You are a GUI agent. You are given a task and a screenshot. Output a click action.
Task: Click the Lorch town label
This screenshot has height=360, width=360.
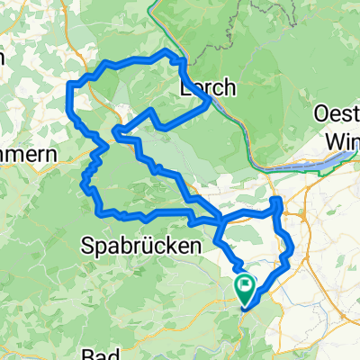pos(208,87)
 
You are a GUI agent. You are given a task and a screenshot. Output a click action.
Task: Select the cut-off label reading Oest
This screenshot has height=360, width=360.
pos(337,114)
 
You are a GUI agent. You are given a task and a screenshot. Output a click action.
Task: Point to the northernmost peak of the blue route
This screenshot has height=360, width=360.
pos(166,52)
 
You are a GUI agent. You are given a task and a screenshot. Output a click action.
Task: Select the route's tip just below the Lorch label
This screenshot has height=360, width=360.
pos(211,102)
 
